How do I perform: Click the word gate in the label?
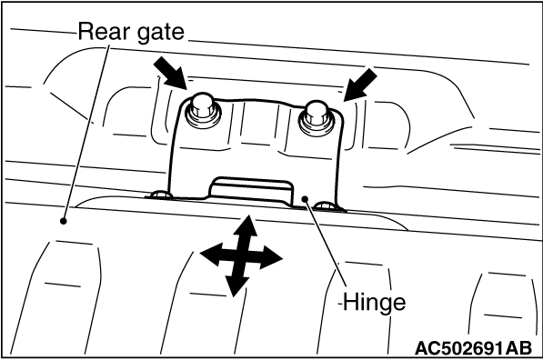pos(161,33)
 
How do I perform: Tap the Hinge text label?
pos(375,303)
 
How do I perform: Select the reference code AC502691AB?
pos(473,348)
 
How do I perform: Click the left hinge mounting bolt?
pos(203,110)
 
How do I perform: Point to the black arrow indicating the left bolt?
pos(170,74)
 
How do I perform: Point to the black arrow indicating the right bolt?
pos(360,85)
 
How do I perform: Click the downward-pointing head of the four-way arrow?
pos(236,286)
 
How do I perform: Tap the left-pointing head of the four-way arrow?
pos(211,254)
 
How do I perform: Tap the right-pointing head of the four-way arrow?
pos(271,259)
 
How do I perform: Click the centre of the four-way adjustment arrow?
pos(241,256)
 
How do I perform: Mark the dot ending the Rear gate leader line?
pos(63,221)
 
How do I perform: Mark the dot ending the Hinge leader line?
pos(305,199)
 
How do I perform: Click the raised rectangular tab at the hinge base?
pos(251,190)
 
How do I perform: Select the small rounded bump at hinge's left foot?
pos(160,195)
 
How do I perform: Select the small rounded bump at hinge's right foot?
pos(326,205)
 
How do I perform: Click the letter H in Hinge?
pos(350,302)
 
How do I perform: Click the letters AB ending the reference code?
pos(518,348)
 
